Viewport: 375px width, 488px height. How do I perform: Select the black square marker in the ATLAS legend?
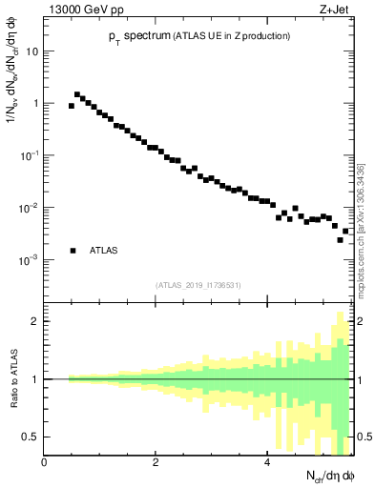(x=72, y=251)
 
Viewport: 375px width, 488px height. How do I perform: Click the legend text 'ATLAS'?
(x=104, y=251)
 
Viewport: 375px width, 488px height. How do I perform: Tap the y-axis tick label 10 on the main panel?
(x=32, y=51)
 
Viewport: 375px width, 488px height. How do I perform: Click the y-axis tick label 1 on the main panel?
(x=36, y=103)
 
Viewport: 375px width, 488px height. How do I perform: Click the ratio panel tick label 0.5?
(x=31, y=437)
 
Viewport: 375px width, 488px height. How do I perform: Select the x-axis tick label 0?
(x=44, y=462)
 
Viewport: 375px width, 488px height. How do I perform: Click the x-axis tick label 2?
(x=155, y=462)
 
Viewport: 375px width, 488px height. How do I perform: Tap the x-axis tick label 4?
(x=266, y=462)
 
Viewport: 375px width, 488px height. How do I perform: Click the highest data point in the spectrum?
(x=77, y=94)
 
